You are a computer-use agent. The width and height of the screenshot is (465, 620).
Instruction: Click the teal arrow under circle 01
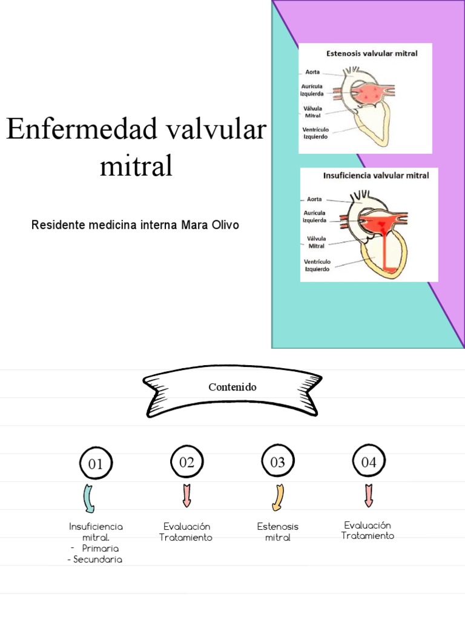(88, 499)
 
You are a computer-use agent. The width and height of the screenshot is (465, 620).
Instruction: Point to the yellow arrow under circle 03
(279, 498)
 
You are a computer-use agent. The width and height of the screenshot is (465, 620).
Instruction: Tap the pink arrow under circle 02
(186, 496)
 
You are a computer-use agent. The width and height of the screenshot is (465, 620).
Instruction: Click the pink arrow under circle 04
(369, 496)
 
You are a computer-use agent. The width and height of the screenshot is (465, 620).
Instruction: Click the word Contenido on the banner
(232, 387)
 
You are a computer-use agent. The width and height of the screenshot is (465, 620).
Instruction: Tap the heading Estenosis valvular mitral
(372, 53)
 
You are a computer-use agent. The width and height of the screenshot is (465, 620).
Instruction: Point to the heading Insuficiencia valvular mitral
(376, 176)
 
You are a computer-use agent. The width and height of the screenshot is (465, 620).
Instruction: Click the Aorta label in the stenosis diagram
(312, 72)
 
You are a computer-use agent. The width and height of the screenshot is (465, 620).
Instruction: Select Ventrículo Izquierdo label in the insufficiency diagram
(317, 265)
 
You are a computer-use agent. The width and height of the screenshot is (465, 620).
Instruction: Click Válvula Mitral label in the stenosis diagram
(313, 112)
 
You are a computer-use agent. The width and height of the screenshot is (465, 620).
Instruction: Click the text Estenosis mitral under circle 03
(277, 532)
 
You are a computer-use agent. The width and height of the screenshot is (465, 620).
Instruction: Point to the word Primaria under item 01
(101, 549)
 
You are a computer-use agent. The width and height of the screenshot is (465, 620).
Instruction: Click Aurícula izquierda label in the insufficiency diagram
(314, 216)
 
